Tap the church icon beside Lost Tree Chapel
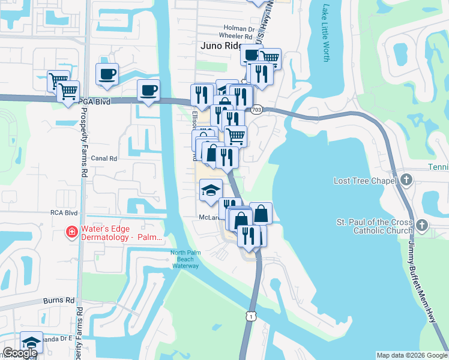tap(406, 179)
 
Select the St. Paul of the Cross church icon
tap(422, 225)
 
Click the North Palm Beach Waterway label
tap(185, 259)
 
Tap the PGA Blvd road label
tap(95, 103)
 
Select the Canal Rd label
tap(104, 158)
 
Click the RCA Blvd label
tap(64, 212)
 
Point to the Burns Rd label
tap(58, 300)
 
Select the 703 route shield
tap(257, 110)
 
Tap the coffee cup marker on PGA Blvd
tap(148, 92)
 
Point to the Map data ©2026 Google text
tap(412, 355)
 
